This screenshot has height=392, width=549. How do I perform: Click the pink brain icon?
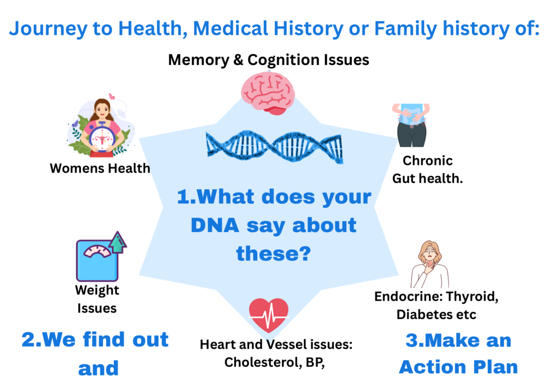coord(268,93)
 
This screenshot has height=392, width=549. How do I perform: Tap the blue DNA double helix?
coord(274,147)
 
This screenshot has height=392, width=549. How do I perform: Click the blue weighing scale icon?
coord(98,260)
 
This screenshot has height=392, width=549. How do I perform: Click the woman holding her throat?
coord(430,264)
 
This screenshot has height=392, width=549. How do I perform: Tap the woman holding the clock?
coord(101,128)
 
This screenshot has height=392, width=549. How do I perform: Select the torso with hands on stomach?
coord(411,125)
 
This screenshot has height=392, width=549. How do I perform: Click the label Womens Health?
coord(100,168)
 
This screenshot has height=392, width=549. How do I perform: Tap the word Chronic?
coord(427,161)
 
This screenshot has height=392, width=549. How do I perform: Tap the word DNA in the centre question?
coord(215,225)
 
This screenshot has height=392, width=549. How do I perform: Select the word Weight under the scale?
coord(97,291)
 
